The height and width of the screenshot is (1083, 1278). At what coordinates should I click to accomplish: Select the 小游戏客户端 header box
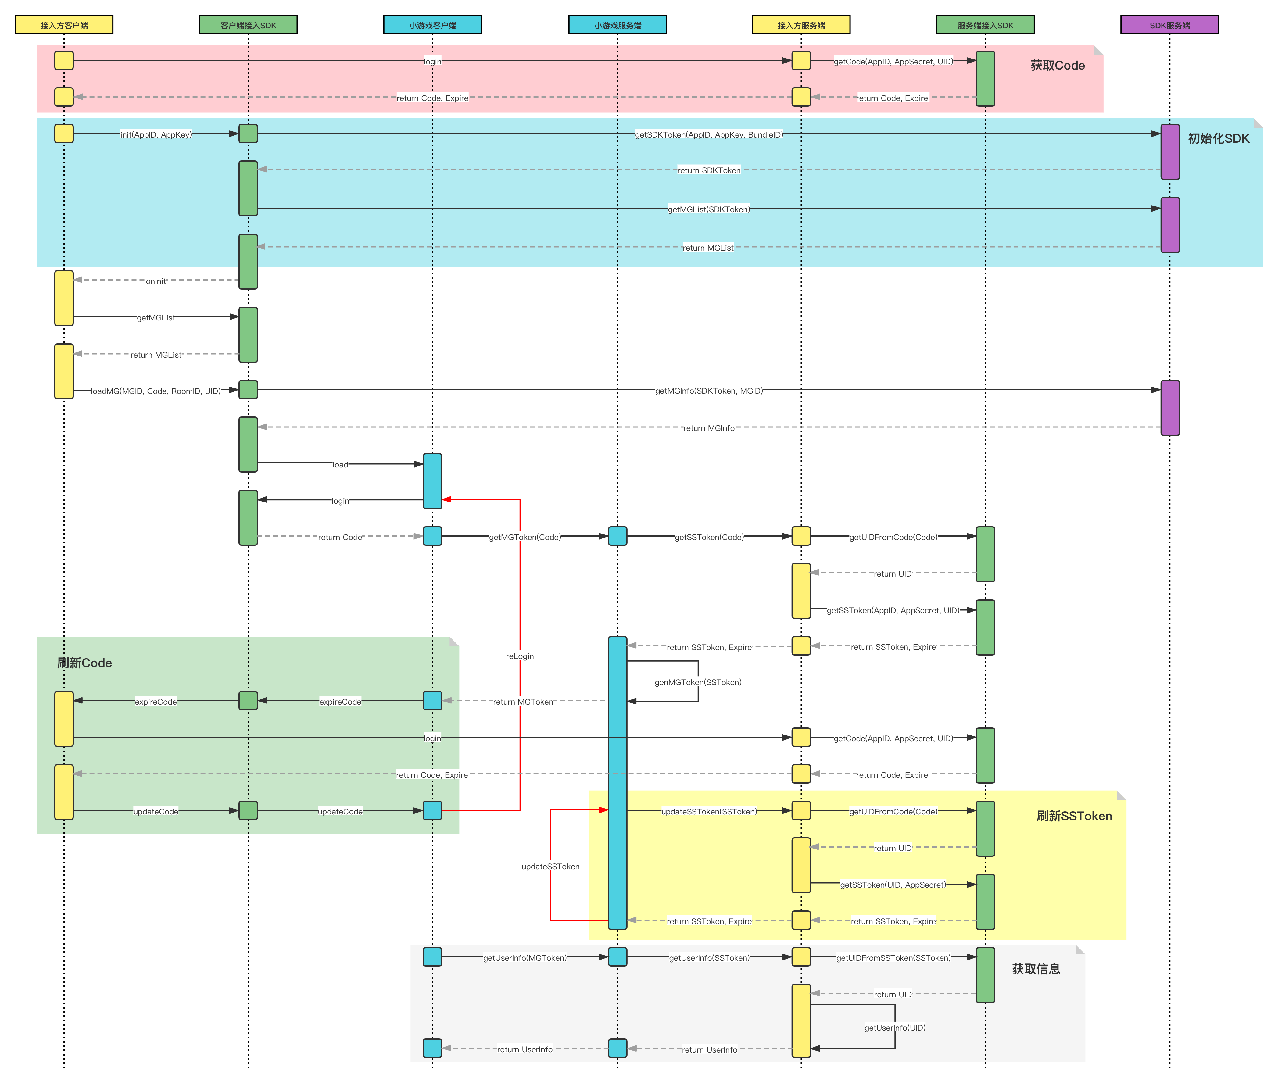point(432,25)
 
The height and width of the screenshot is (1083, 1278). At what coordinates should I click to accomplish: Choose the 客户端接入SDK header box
point(248,25)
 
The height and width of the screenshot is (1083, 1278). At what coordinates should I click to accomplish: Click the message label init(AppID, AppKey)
point(156,134)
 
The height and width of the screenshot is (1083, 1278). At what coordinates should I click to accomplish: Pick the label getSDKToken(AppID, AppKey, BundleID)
point(709,134)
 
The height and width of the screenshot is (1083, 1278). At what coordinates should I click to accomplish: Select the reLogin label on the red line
point(520,656)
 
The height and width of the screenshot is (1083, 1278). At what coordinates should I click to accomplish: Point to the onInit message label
point(156,281)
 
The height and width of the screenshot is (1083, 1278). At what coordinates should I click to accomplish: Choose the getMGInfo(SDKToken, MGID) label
point(709,391)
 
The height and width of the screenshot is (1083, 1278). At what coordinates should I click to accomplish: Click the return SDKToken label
point(709,170)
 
